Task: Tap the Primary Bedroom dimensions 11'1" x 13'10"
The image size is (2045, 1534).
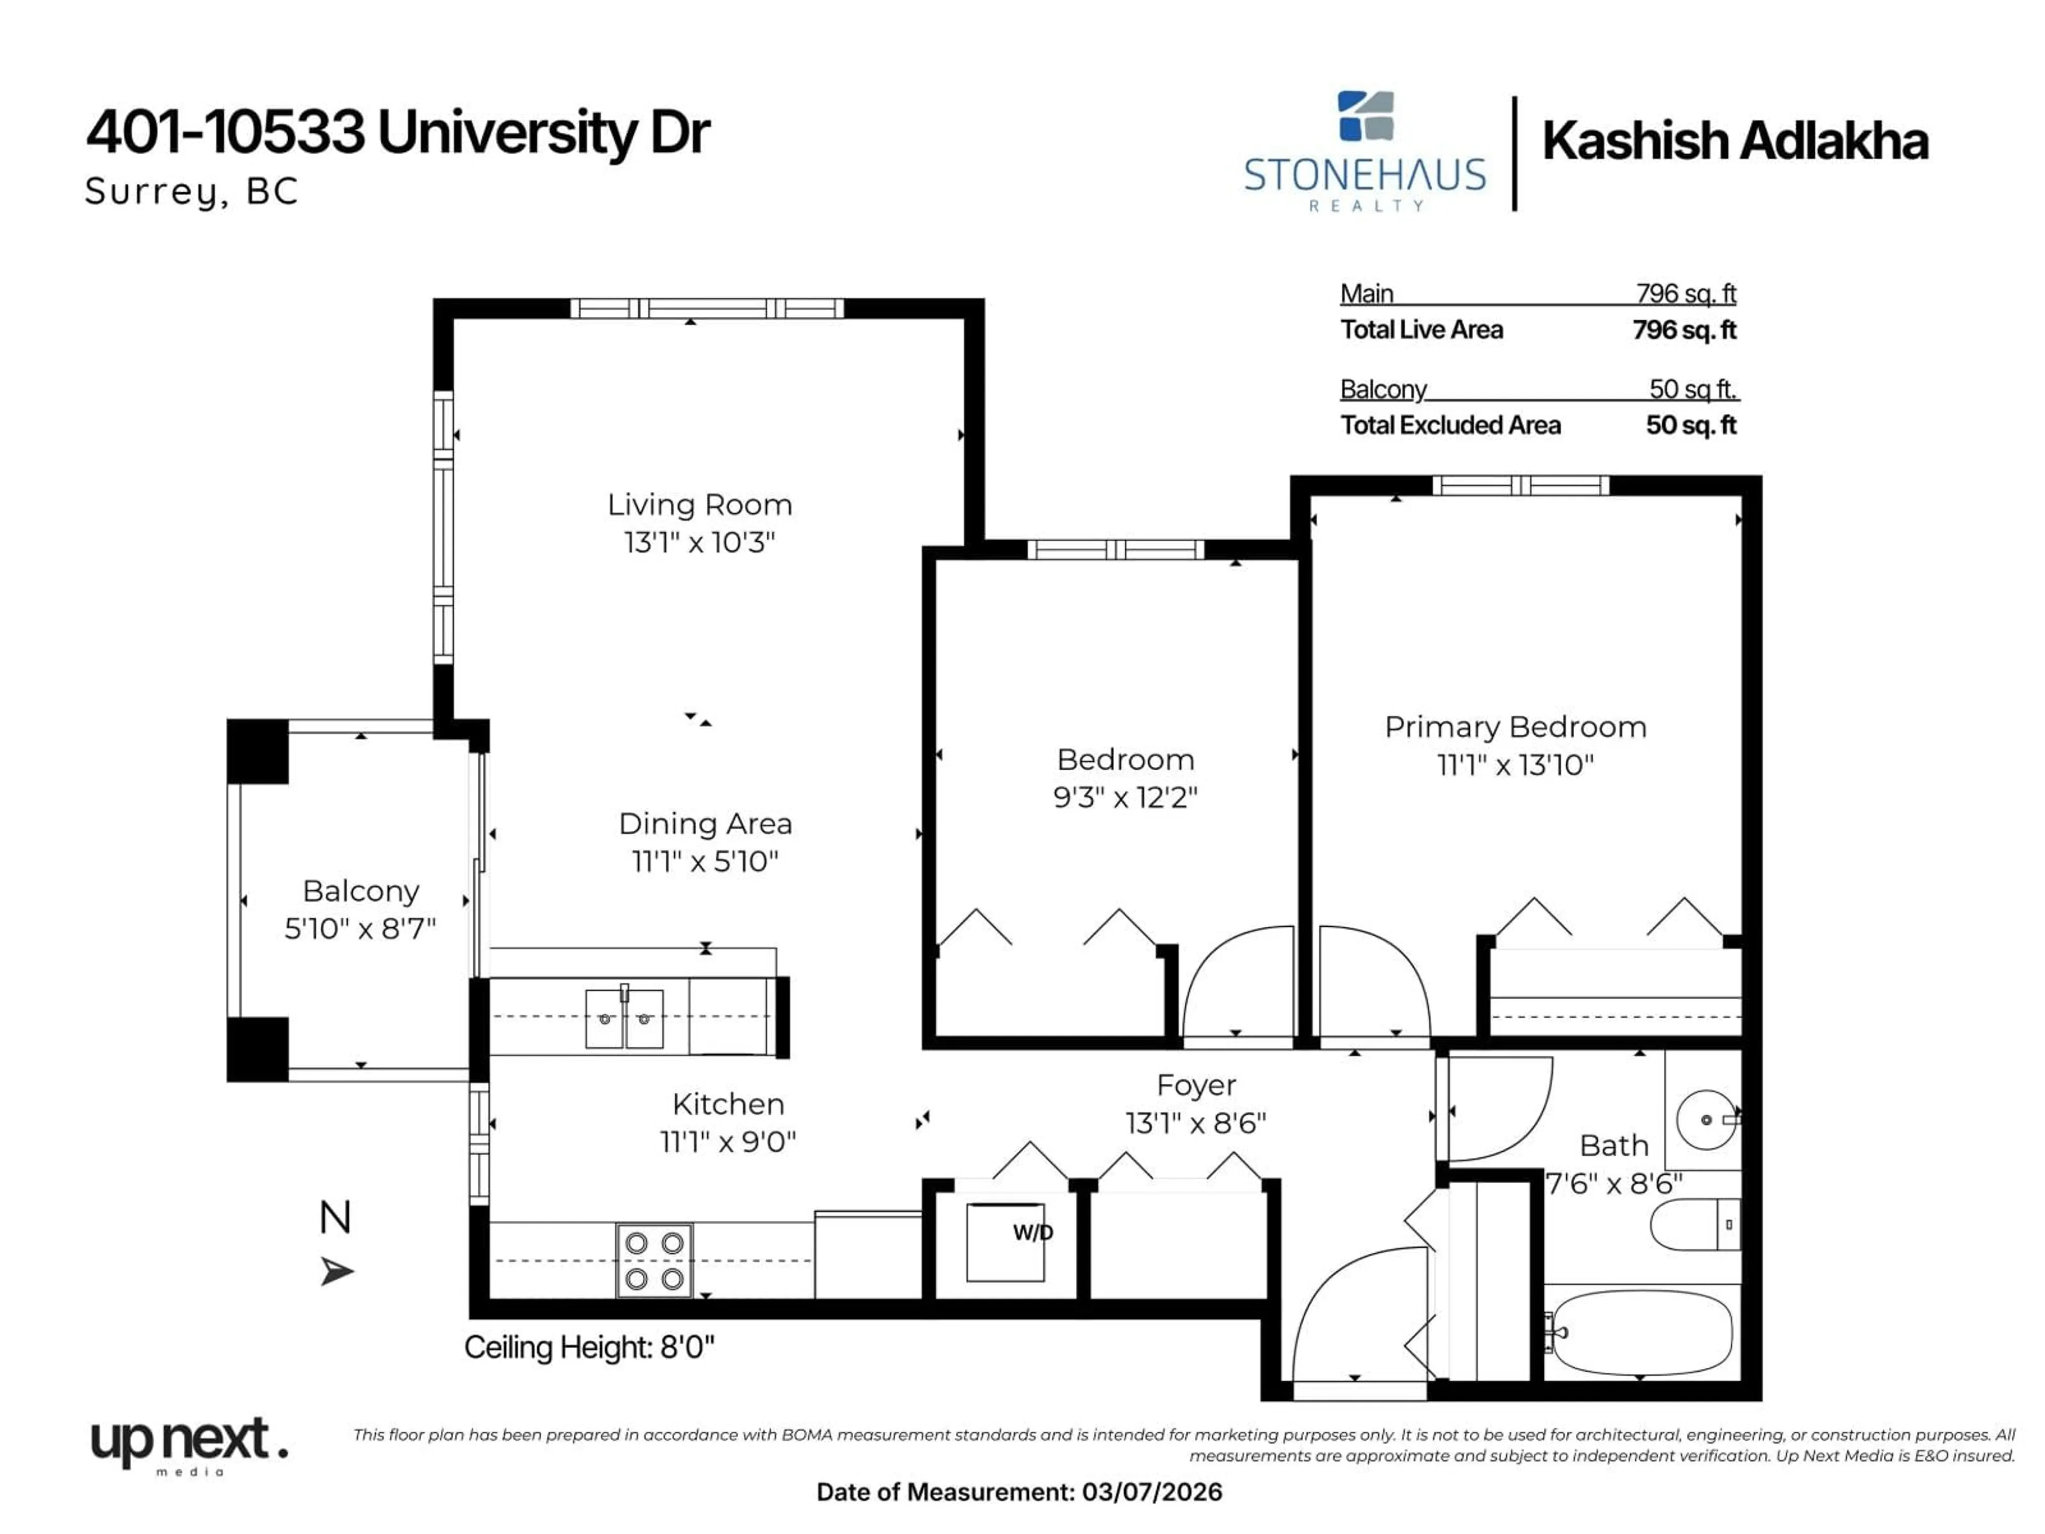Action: pyautogui.click(x=1515, y=765)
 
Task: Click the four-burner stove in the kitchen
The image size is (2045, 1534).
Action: pyautogui.click(x=653, y=1260)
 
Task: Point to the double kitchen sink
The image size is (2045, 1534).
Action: pyautogui.click(x=624, y=1018)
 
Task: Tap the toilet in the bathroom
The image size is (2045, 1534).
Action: pyautogui.click(x=1695, y=1224)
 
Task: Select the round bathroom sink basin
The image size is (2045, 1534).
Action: pyautogui.click(x=1706, y=1120)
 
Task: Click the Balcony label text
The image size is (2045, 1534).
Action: pyautogui.click(x=361, y=891)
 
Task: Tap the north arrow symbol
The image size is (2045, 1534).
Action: pyautogui.click(x=337, y=1271)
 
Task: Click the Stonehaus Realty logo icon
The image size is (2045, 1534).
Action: pyautogui.click(x=1365, y=117)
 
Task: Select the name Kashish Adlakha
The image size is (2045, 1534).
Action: pyautogui.click(x=1735, y=142)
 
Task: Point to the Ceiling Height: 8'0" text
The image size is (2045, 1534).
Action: pyautogui.click(x=589, y=1347)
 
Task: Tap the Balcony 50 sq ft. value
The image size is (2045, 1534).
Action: pyautogui.click(x=1692, y=389)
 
